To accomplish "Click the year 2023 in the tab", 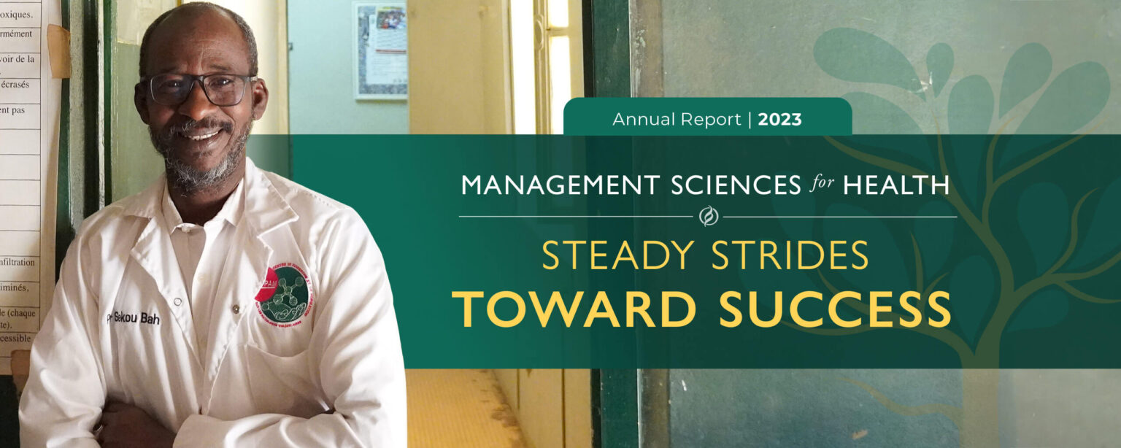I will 779,120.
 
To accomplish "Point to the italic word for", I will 822,185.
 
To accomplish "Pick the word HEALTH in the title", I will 896,185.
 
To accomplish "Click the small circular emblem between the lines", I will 708,217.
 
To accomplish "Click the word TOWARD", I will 575,309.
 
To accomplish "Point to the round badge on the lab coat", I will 283,293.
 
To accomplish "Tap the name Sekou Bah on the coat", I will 134,318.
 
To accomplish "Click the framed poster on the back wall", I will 380,50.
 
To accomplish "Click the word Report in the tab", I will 712,120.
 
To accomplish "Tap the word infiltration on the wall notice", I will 18,262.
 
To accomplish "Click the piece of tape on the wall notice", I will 59,51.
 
